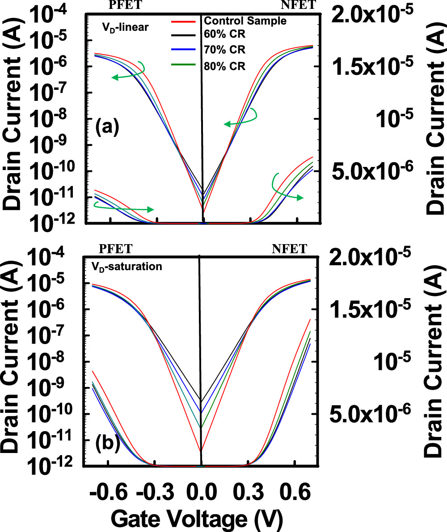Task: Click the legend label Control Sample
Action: tap(245, 21)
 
